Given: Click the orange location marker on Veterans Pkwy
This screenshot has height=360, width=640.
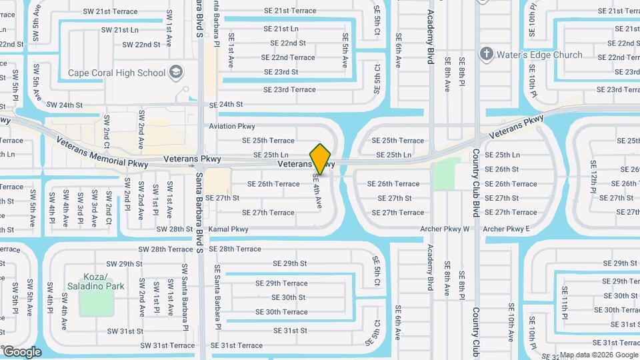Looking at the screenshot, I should pos(321,159).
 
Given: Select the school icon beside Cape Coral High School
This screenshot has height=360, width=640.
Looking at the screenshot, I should pos(176,72).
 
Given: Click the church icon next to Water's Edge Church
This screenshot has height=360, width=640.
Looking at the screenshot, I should pos(487,54).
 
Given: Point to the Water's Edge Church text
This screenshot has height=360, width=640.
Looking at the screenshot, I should pos(540,55).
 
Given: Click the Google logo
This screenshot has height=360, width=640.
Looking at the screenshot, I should pos(21,352).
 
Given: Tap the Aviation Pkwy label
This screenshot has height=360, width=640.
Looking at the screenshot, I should pos(232,126).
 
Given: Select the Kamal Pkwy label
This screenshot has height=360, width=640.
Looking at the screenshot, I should pos(229,229).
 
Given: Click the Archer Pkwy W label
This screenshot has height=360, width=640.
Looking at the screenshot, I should pos(445,229).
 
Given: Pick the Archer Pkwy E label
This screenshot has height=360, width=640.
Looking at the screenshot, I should pos(506,229).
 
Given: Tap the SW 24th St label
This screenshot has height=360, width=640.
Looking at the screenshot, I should pos(64,105).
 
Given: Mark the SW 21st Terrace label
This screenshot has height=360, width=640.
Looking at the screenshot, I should pos(110,11).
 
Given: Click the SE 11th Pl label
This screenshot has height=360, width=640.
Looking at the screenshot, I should pos(565,301).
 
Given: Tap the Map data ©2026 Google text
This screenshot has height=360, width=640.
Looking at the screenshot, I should pos(598,355).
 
